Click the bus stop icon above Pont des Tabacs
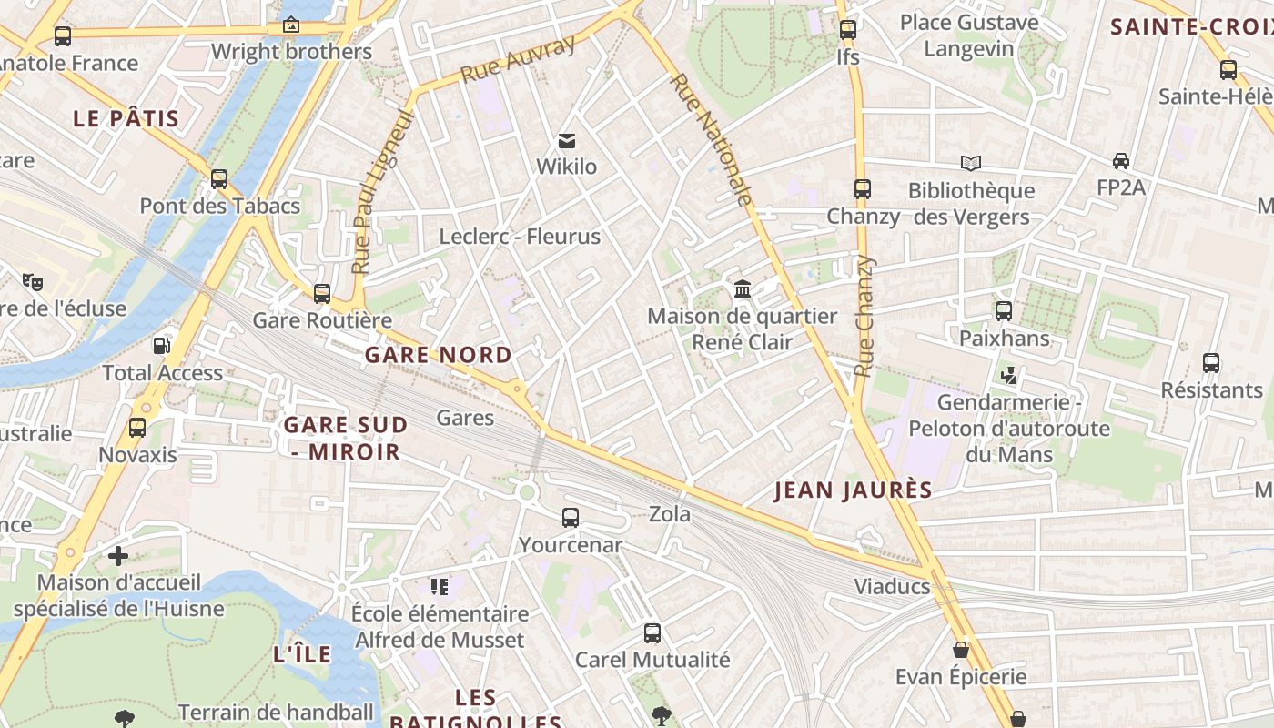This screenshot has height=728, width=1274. pyautogui.click(x=219, y=179)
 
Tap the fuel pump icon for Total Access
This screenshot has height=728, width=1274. pyautogui.click(x=161, y=346)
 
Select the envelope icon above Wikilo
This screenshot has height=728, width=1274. pyautogui.click(x=567, y=140)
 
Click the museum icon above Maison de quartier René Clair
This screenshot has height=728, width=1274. pyautogui.click(x=743, y=289)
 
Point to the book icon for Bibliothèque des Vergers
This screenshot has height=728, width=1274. pyautogui.click(x=971, y=163)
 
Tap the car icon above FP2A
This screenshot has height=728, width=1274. pyautogui.click(x=1121, y=161)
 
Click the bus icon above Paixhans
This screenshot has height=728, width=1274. pyautogui.click(x=1004, y=311)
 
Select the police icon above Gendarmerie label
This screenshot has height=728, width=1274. pyautogui.click(x=1008, y=375)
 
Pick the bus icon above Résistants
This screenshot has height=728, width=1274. pyautogui.click(x=1211, y=363)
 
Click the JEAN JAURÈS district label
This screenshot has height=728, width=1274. pyautogui.click(x=853, y=490)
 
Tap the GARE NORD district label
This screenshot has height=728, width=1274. pyautogui.click(x=438, y=355)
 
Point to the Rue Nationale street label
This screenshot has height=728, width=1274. pyautogui.click(x=712, y=138)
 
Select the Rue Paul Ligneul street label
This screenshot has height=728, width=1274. pyautogui.click(x=382, y=193)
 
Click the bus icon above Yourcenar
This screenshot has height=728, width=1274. pyautogui.click(x=571, y=518)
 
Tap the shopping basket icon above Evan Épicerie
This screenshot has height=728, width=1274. pyautogui.click(x=961, y=650)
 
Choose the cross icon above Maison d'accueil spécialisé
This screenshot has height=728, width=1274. pyautogui.click(x=118, y=555)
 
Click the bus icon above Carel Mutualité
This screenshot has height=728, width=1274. pyautogui.click(x=652, y=633)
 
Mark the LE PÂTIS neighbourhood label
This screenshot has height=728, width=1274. pyautogui.click(x=126, y=118)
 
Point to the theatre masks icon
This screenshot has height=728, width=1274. pyautogui.click(x=33, y=281)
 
